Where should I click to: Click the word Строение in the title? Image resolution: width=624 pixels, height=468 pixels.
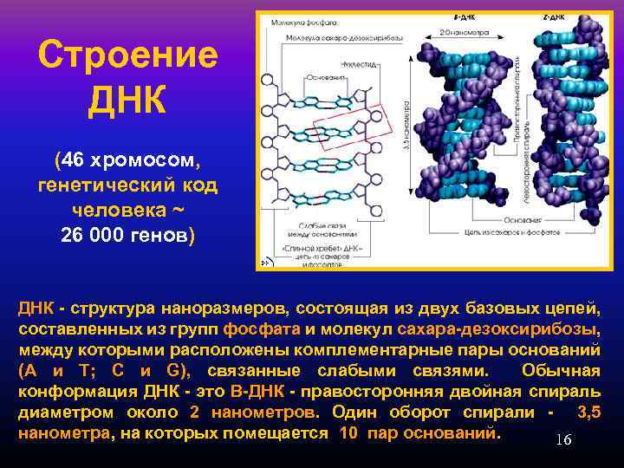(x=127, y=57)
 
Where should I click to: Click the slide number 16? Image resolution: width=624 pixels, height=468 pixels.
(x=562, y=440)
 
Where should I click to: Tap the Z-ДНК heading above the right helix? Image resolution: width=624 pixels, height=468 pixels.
(x=549, y=17)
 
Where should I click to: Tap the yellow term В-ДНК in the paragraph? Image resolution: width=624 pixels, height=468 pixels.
(x=255, y=393)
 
